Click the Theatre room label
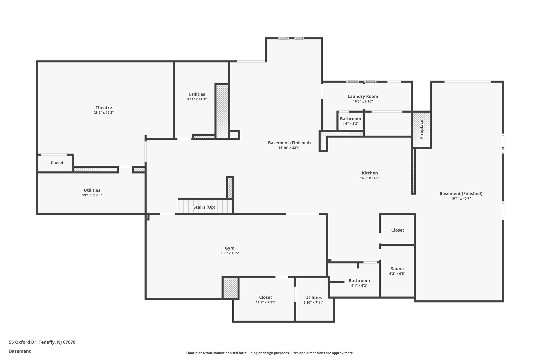coord(104,108)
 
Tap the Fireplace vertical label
coord(421,129)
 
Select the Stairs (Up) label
coord(204,207)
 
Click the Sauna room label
coord(397,269)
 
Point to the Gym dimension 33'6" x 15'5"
coord(229,253)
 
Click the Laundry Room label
coord(363,97)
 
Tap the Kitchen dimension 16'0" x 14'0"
coord(370,178)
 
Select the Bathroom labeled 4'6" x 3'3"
coord(350,119)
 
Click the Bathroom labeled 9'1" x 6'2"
coord(359,281)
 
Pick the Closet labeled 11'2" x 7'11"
coord(265,297)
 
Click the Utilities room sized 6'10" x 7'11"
coord(313,297)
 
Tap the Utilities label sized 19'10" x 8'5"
coord(92,190)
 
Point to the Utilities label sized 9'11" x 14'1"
coord(197,94)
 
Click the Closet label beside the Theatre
coord(57,162)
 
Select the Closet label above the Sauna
coord(397,230)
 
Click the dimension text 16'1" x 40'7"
coord(461,199)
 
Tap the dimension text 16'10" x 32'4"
coord(289,148)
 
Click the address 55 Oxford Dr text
coord(42,342)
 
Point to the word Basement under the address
coord(20,351)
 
